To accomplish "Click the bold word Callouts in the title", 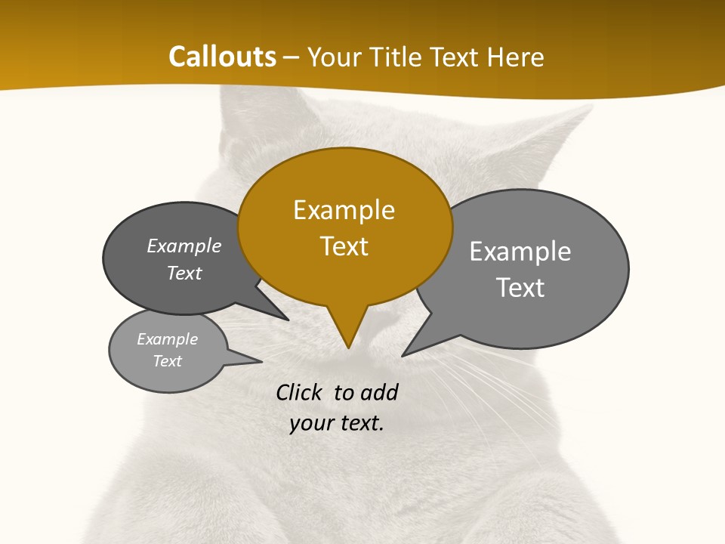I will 223,57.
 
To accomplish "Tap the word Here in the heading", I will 517,57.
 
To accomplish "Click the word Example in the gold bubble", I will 344,210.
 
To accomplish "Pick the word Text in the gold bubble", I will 344,246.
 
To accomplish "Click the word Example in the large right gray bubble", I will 520,252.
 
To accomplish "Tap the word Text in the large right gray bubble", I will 520,288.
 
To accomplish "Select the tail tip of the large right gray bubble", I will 403,355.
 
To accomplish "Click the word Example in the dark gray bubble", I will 184,246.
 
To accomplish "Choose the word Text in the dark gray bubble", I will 184,273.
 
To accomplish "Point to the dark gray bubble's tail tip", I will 288,320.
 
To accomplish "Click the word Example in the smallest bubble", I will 167,339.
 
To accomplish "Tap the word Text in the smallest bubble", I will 167,361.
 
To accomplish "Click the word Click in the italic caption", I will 299,392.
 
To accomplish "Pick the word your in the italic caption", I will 310,423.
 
